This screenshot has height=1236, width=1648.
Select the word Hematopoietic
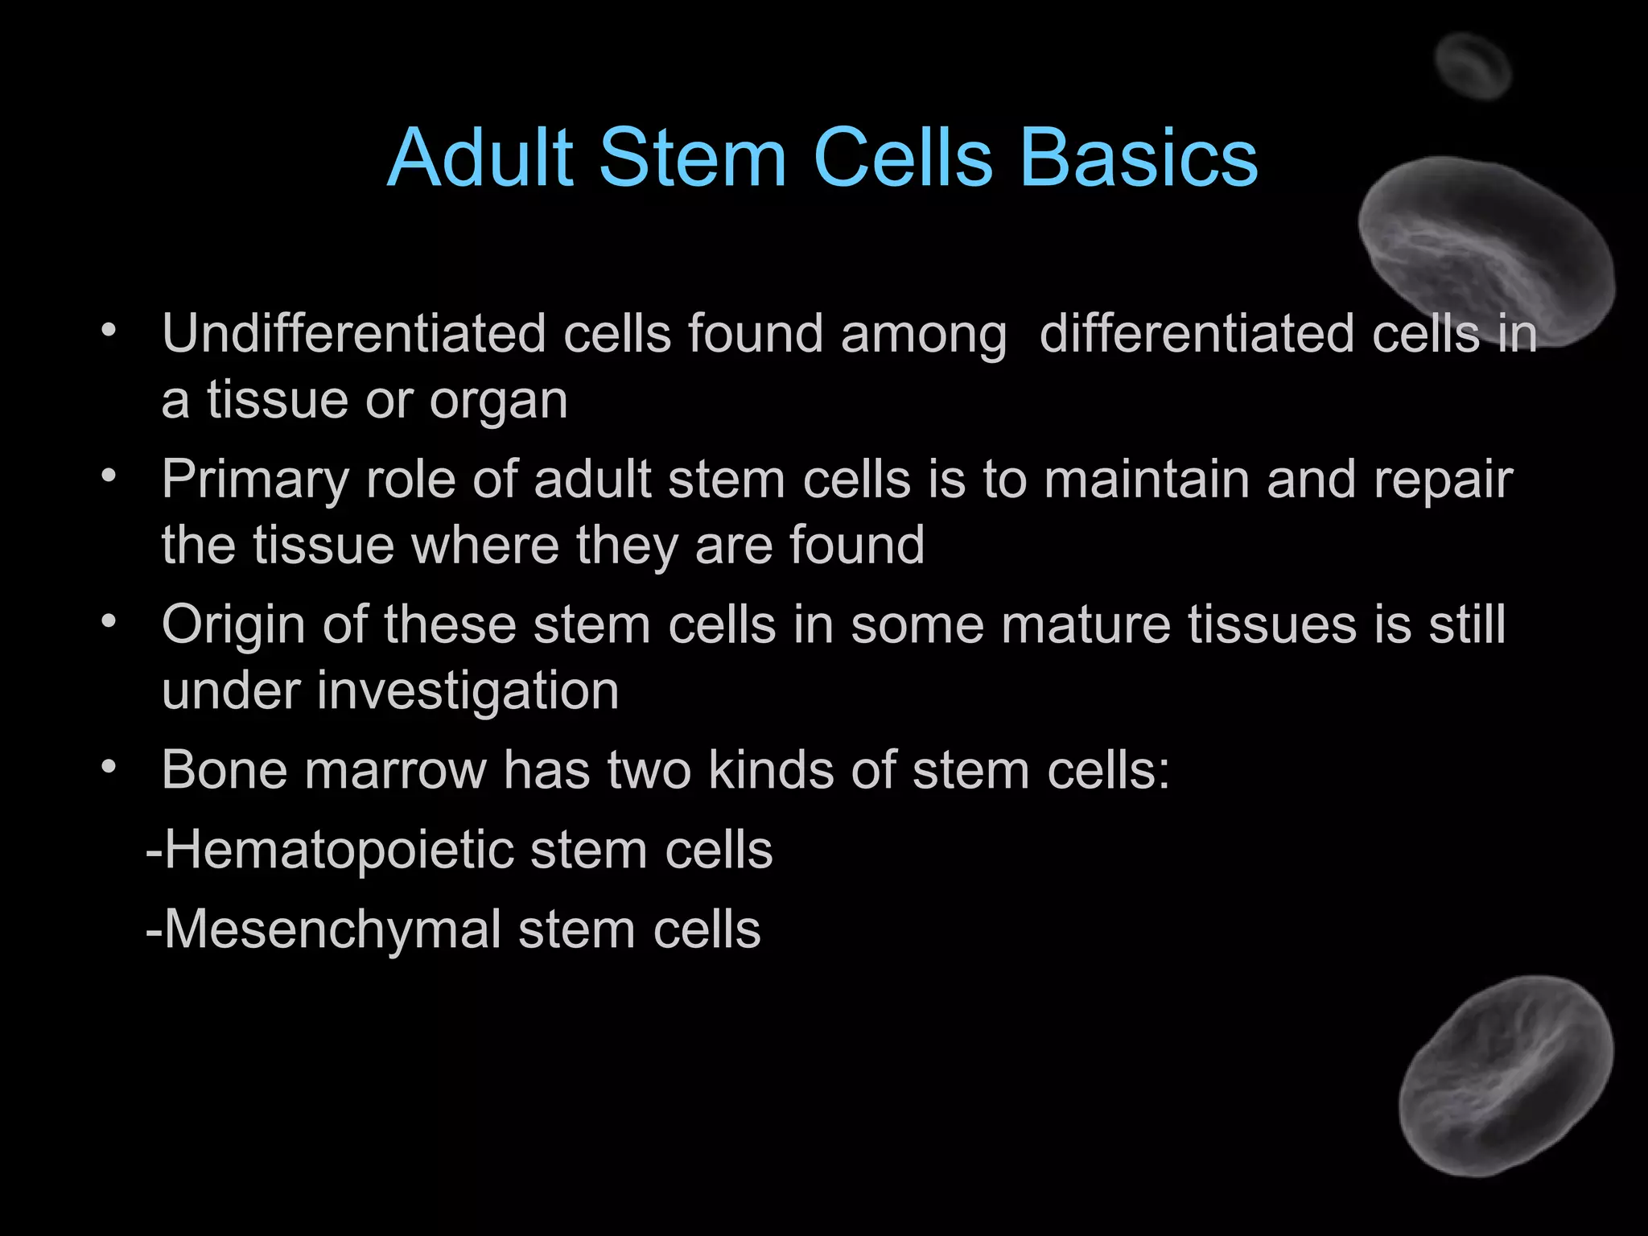point(339,851)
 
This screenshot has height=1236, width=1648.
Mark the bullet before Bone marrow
point(109,766)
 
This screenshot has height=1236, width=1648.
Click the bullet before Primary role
point(109,476)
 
